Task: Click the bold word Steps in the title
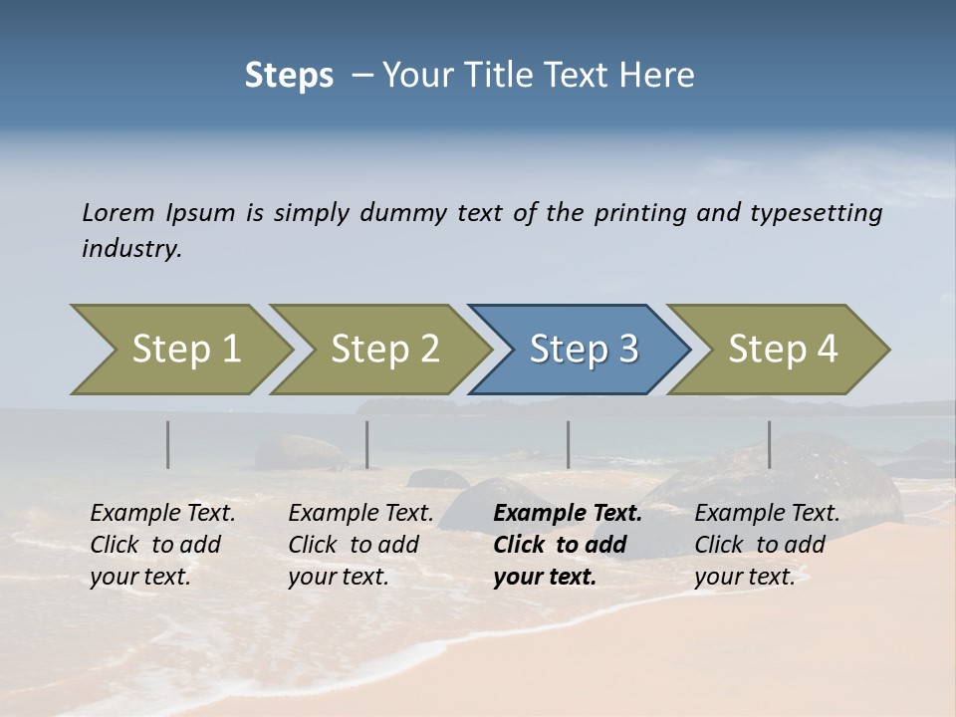click(x=289, y=76)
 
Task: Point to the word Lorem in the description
click(x=119, y=213)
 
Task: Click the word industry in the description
click(x=130, y=248)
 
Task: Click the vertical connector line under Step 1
click(x=168, y=444)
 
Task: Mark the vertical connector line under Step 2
click(x=367, y=444)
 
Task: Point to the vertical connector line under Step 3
click(x=569, y=444)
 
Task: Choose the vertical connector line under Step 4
click(x=770, y=444)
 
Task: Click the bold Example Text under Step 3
click(x=568, y=513)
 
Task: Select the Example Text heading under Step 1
click(x=162, y=513)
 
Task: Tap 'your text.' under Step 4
click(x=744, y=577)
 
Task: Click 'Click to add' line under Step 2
click(x=354, y=545)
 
